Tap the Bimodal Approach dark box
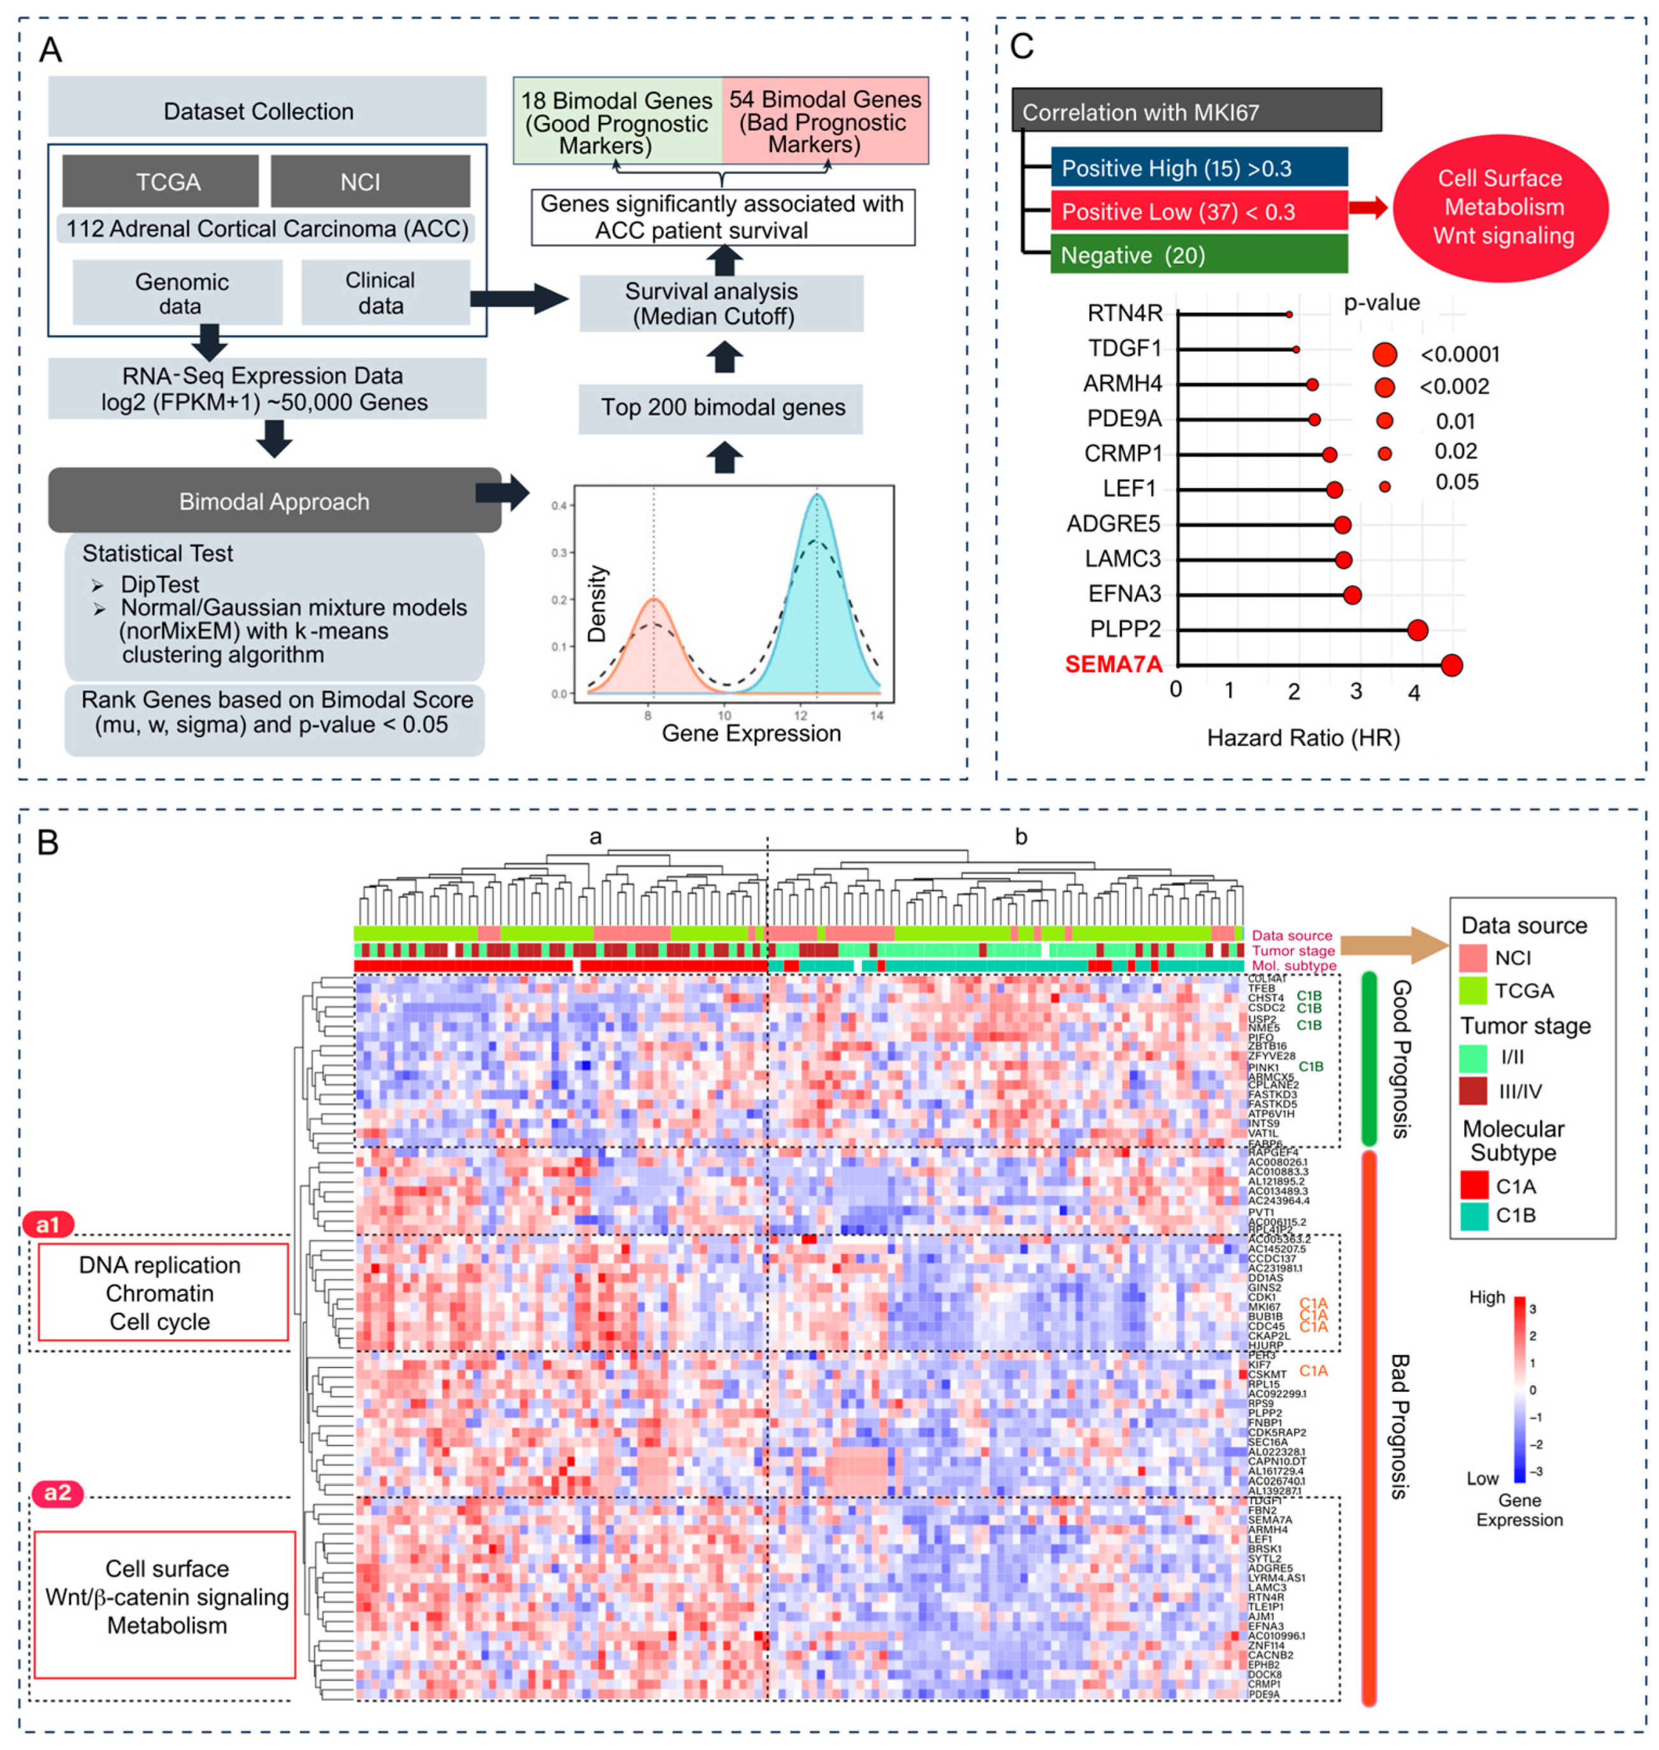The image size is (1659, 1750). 274,501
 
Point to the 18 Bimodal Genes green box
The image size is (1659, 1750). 617,121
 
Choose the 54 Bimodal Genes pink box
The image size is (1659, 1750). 825,121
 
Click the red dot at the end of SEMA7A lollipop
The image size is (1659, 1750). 1451,665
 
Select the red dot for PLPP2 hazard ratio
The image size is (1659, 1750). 1418,630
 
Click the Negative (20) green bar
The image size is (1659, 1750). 1198,255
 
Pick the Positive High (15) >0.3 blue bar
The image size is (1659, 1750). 1198,167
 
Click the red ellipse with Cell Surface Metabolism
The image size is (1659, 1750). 1501,208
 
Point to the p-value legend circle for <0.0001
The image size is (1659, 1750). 1385,355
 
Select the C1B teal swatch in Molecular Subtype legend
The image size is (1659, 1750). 1474,1215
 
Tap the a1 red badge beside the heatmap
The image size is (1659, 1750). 48,1224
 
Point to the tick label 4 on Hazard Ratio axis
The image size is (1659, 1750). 1414,693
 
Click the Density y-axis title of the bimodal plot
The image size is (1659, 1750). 598,604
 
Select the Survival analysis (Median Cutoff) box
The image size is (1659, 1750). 721,303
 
